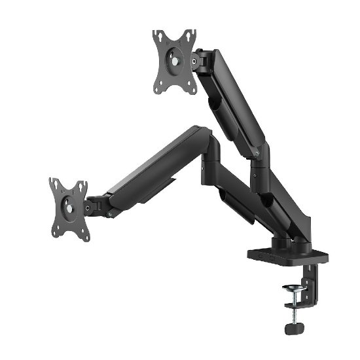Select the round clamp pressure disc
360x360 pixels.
point(293,288)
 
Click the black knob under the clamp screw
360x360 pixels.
point(294,323)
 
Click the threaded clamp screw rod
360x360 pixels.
point(293,305)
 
